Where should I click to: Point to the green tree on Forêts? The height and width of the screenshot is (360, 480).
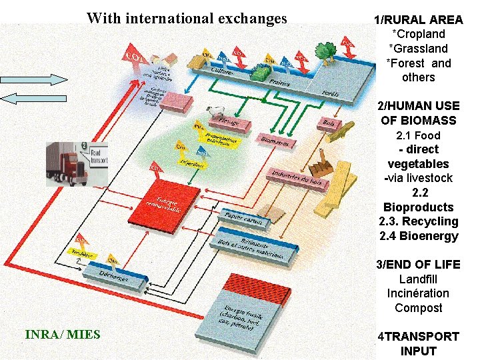325,51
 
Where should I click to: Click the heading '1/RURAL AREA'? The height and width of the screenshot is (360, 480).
419,19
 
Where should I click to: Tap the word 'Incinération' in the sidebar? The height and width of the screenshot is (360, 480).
418,293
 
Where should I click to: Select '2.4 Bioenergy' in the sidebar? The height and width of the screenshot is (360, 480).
418,236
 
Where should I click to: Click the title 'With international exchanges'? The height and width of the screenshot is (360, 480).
187,18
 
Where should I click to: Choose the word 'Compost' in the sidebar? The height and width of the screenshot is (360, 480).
418,308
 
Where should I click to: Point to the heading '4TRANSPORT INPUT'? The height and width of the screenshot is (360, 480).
418,343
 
